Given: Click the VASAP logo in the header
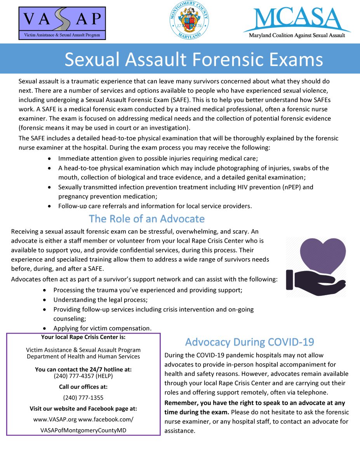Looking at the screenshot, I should click(62, 23).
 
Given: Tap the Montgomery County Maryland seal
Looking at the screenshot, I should click(189, 20).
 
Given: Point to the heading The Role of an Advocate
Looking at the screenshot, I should click(147, 219).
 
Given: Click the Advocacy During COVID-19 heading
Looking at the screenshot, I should click(250, 342).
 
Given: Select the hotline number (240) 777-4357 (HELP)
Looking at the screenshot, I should click(83, 376).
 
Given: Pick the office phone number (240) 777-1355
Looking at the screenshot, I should click(83, 398).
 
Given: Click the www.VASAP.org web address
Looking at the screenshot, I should click(56, 419).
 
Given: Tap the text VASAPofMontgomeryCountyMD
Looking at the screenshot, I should click(83, 430).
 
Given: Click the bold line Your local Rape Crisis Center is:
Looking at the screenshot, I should click(83, 337).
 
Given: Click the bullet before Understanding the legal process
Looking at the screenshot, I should click(46, 300).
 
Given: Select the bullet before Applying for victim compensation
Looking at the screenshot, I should click(46, 329).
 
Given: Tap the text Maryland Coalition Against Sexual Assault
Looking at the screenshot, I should click(297, 36).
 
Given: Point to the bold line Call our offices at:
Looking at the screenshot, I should click(83, 387).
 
